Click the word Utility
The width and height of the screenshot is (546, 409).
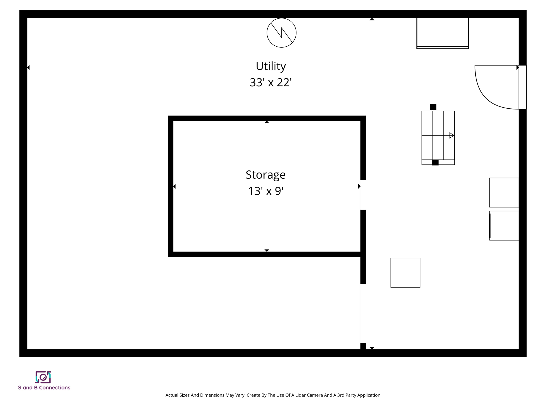[x=271, y=66]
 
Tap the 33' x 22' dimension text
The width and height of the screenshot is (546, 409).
[x=271, y=83]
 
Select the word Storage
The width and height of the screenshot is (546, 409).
[x=266, y=175]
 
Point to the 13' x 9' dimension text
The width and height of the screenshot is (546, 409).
[x=266, y=191]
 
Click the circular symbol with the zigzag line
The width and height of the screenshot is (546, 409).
[x=282, y=33]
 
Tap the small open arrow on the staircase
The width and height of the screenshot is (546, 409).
[x=451, y=135]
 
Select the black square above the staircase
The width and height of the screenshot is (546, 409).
[x=433, y=107]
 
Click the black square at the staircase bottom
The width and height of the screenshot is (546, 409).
[x=435, y=162]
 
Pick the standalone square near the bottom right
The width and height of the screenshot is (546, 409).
[x=405, y=272]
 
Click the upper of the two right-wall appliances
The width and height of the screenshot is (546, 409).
[x=504, y=192]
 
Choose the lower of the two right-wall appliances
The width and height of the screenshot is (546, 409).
[x=504, y=226]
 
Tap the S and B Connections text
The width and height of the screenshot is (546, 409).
[x=44, y=388]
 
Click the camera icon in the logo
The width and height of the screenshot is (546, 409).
[x=43, y=377]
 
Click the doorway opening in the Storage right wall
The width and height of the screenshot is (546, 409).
[x=363, y=195]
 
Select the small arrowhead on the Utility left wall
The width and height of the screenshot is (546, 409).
[x=28, y=68]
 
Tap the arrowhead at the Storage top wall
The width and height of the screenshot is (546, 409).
[x=267, y=122]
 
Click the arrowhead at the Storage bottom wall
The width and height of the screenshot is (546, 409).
[x=267, y=250]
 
